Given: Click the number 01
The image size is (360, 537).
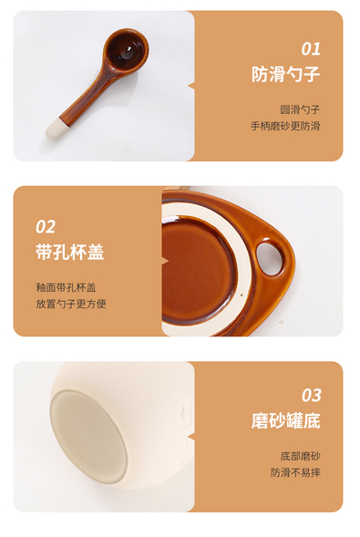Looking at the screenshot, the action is pyautogui.click(x=311, y=48).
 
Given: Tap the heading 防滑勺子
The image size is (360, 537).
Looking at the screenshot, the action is pyautogui.click(x=286, y=74).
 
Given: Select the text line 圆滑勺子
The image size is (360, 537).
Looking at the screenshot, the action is pyautogui.click(x=300, y=109).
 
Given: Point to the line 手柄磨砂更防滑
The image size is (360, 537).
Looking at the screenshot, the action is pyautogui.click(x=285, y=126).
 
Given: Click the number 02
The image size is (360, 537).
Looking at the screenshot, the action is pyautogui.click(x=46, y=227).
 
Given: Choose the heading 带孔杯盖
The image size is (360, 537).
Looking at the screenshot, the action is pyautogui.click(x=70, y=252).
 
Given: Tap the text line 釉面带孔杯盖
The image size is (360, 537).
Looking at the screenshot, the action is pyautogui.click(x=66, y=287).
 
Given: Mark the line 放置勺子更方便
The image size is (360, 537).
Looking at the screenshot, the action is pyautogui.click(x=71, y=304).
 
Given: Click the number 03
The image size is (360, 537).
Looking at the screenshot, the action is pyautogui.click(x=311, y=395).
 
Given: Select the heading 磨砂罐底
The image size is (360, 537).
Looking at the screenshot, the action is pyautogui.click(x=286, y=420).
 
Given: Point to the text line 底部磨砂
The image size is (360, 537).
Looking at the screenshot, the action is pyautogui.click(x=300, y=456).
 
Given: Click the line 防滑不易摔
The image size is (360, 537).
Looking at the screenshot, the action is pyautogui.click(x=295, y=472).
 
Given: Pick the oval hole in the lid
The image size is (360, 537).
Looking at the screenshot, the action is pyautogui.click(x=269, y=258).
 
